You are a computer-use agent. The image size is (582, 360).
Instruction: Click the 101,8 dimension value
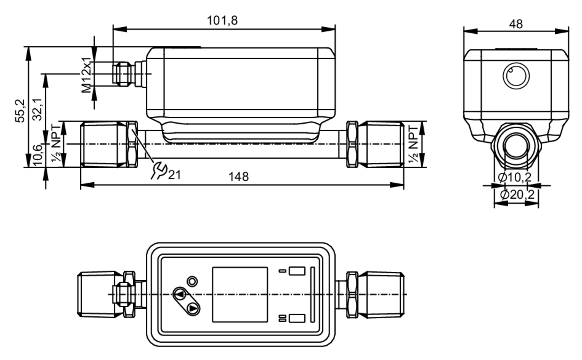[x=222, y=21]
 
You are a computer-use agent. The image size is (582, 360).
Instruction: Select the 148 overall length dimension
[x=238, y=177]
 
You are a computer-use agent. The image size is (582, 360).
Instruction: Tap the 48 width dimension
[x=516, y=24]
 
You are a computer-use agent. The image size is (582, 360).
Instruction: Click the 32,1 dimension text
[x=38, y=109]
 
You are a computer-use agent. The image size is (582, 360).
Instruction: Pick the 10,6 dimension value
[x=38, y=155]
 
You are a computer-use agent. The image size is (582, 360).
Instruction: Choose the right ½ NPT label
[x=413, y=144]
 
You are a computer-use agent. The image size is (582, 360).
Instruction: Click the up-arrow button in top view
[x=180, y=294]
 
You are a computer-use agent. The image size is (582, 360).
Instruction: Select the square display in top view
[x=240, y=295]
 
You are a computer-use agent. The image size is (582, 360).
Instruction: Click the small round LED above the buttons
[x=192, y=281]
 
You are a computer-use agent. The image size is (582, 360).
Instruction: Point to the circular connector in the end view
[x=516, y=76]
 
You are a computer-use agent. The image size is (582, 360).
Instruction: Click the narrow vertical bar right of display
[x=313, y=295]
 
